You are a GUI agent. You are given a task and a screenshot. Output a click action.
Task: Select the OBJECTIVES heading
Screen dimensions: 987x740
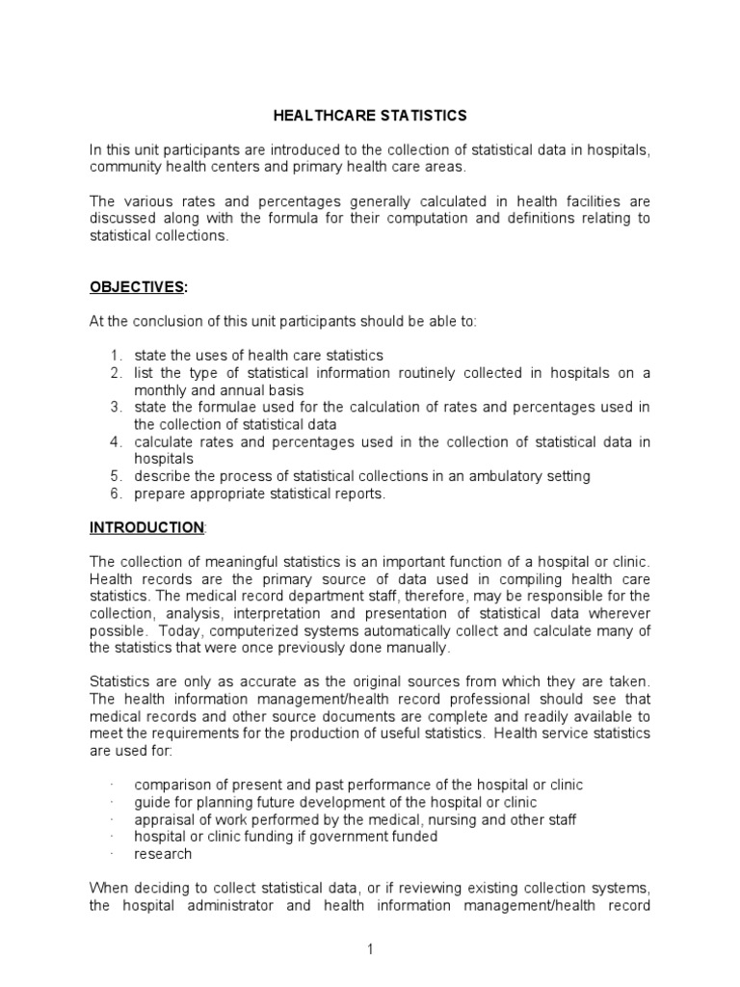(135, 287)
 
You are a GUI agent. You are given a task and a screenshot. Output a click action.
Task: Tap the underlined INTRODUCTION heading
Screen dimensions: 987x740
(146, 527)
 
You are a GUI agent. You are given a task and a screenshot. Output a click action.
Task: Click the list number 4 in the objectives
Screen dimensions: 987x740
(114, 442)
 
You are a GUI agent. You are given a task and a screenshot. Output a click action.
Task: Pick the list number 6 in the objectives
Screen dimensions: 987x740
(114, 493)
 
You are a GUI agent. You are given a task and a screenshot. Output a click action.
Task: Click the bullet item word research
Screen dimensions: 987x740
(164, 854)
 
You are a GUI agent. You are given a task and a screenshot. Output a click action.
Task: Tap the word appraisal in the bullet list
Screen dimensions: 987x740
(165, 819)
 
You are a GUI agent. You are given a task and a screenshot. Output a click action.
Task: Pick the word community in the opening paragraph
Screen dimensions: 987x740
(125, 167)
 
